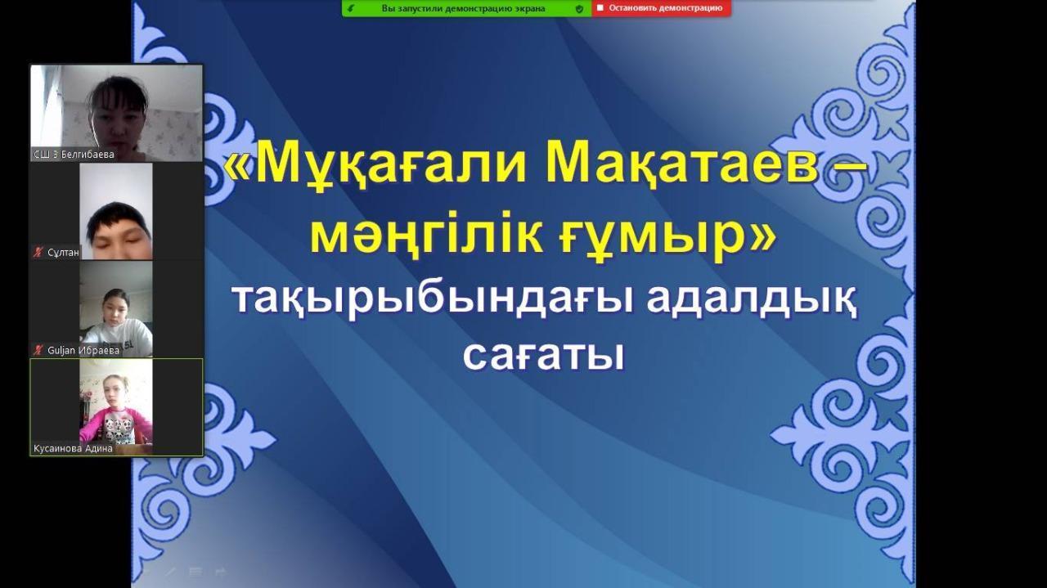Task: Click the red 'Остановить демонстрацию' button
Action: click(662, 8)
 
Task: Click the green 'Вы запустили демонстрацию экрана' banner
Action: click(467, 8)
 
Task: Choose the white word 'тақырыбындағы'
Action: click(434, 301)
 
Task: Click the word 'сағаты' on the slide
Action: click(544, 357)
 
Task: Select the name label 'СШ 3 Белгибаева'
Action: click(74, 155)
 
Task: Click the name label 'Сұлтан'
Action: click(63, 253)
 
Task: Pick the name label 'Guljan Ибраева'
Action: click(83, 350)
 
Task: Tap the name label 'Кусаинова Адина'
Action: click(73, 448)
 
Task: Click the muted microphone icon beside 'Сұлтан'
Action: click(38, 253)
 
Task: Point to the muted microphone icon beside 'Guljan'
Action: click(38, 350)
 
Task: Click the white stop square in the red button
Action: click(600, 8)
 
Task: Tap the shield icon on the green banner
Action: click(580, 8)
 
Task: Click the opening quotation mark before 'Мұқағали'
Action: click(238, 166)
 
